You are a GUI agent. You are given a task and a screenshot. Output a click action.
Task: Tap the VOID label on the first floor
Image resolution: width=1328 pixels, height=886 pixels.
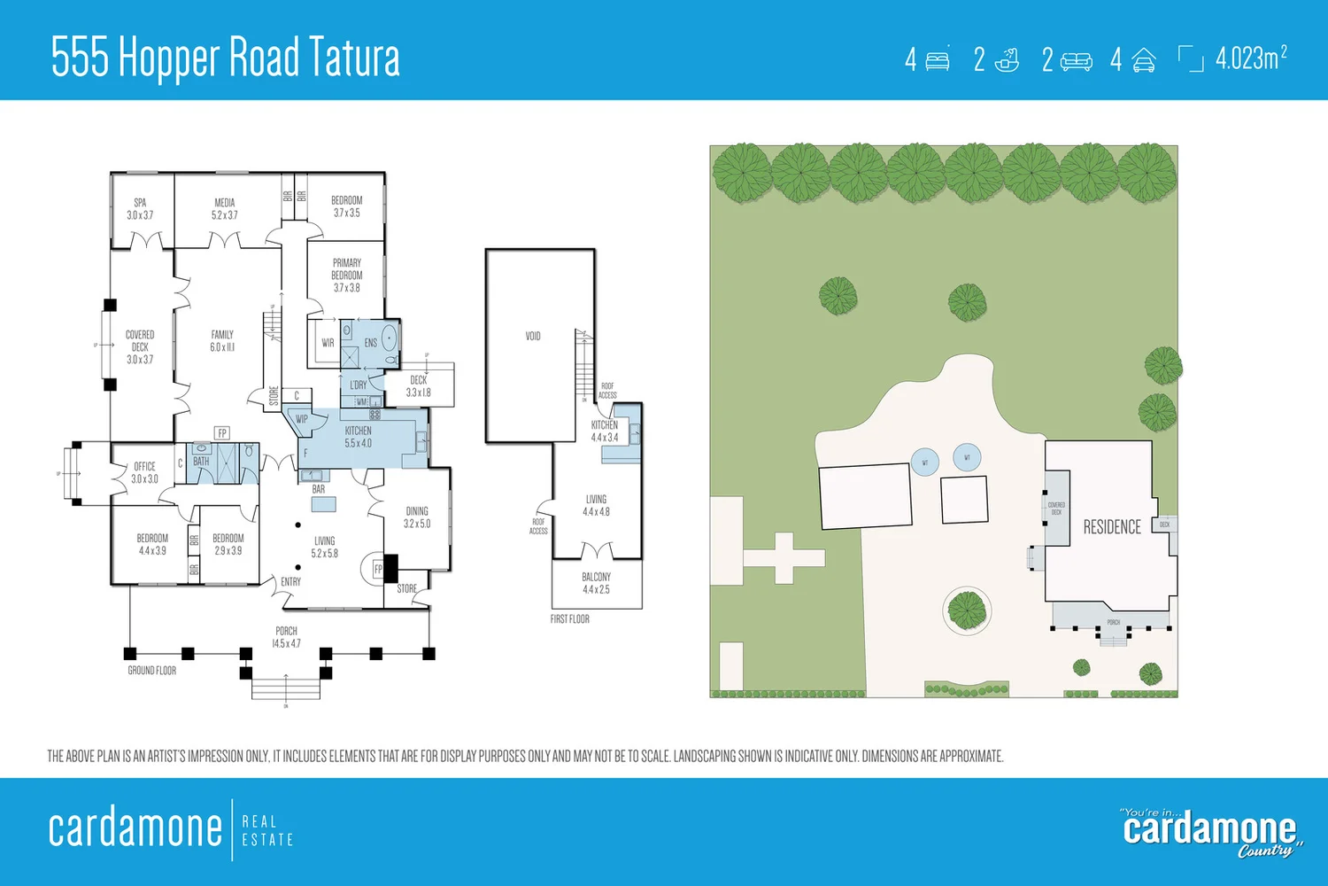(533, 336)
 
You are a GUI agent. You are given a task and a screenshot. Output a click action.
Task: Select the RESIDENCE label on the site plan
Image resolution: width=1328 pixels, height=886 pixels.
(1112, 527)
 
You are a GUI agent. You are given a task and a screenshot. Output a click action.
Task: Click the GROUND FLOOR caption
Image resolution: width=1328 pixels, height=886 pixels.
(152, 671)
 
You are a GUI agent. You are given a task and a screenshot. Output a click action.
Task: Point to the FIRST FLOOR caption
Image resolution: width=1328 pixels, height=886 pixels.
(569, 619)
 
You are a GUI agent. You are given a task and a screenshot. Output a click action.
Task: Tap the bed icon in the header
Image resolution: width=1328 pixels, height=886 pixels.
(938, 60)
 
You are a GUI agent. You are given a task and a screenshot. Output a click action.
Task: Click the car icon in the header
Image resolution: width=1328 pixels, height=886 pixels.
(1143, 60)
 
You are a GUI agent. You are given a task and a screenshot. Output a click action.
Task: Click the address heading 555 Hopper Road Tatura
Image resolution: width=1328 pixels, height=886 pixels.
(226, 58)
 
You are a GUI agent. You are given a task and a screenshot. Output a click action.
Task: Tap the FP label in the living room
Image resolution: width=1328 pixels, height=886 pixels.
(378, 569)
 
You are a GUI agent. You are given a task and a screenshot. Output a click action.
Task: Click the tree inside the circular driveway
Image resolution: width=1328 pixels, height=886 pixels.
(967, 610)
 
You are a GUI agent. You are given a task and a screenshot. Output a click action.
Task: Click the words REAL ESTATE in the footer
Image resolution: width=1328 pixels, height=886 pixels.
(266, 830)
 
